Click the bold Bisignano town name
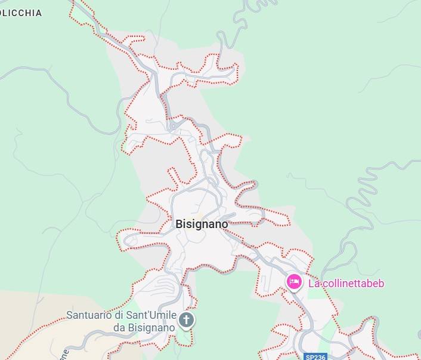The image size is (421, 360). coord(202,224)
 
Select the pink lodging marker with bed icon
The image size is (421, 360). coord(293,281)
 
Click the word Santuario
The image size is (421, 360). coord(88,315)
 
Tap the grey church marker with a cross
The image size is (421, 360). coord(187,320)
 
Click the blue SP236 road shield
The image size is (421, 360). coord(315,357)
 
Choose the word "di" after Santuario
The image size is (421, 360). coord(118,315)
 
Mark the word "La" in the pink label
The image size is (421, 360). coord(313,283)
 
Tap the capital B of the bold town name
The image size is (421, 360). coord(179,224)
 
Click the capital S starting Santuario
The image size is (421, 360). coord(69,315)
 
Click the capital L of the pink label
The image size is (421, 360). coord(311,283)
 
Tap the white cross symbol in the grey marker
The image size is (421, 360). coord(187,320)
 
